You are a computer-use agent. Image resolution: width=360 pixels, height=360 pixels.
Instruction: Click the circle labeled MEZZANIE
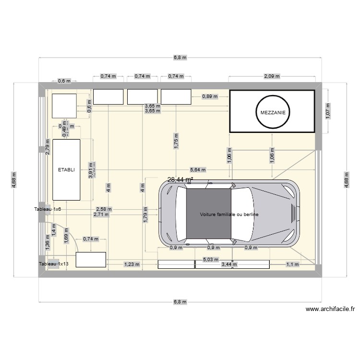click(272, 112)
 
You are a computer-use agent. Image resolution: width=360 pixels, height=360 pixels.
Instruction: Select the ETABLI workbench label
click(66, 169)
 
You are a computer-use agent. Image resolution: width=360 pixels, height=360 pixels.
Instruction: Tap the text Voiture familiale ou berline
click(229, 215)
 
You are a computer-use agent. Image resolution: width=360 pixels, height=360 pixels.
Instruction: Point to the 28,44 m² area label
click(180, 180)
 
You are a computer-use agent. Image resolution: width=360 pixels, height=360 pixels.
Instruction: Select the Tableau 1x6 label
click(48, 209)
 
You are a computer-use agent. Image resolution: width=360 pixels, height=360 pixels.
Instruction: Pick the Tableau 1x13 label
click(54, 264)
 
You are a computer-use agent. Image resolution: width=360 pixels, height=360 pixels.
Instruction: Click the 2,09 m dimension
click(272, 76)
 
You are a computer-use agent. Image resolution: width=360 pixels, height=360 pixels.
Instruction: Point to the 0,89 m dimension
click(210, 96)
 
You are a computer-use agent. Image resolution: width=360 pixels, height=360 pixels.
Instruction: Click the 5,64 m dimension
click(198, 169)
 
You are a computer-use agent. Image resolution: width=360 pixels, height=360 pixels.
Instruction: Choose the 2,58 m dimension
click(104, 209)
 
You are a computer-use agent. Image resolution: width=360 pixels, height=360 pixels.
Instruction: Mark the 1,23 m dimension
click(132, 264)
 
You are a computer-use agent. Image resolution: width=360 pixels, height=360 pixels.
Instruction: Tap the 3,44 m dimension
click(229, 264)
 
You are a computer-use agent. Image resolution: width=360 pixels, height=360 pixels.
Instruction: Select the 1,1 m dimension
click(292, 264)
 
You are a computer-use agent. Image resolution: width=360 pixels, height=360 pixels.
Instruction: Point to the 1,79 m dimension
click(144, 215)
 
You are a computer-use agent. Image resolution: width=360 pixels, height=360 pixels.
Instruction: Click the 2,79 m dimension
click(47, 145)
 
